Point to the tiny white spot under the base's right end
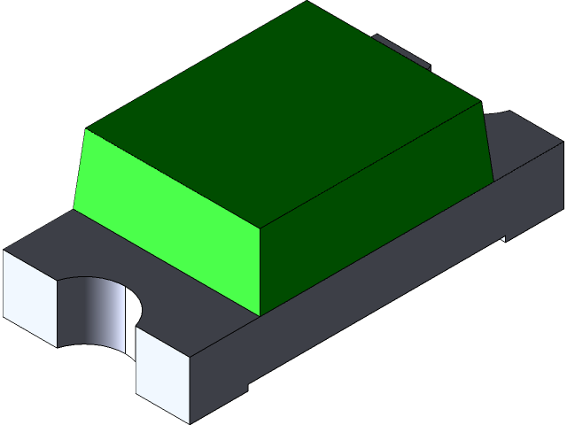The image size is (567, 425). click(504, 238)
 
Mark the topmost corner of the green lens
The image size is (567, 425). click(307, 2)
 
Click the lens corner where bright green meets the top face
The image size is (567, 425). click(86, 130)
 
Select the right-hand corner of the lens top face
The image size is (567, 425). click(481, 101)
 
